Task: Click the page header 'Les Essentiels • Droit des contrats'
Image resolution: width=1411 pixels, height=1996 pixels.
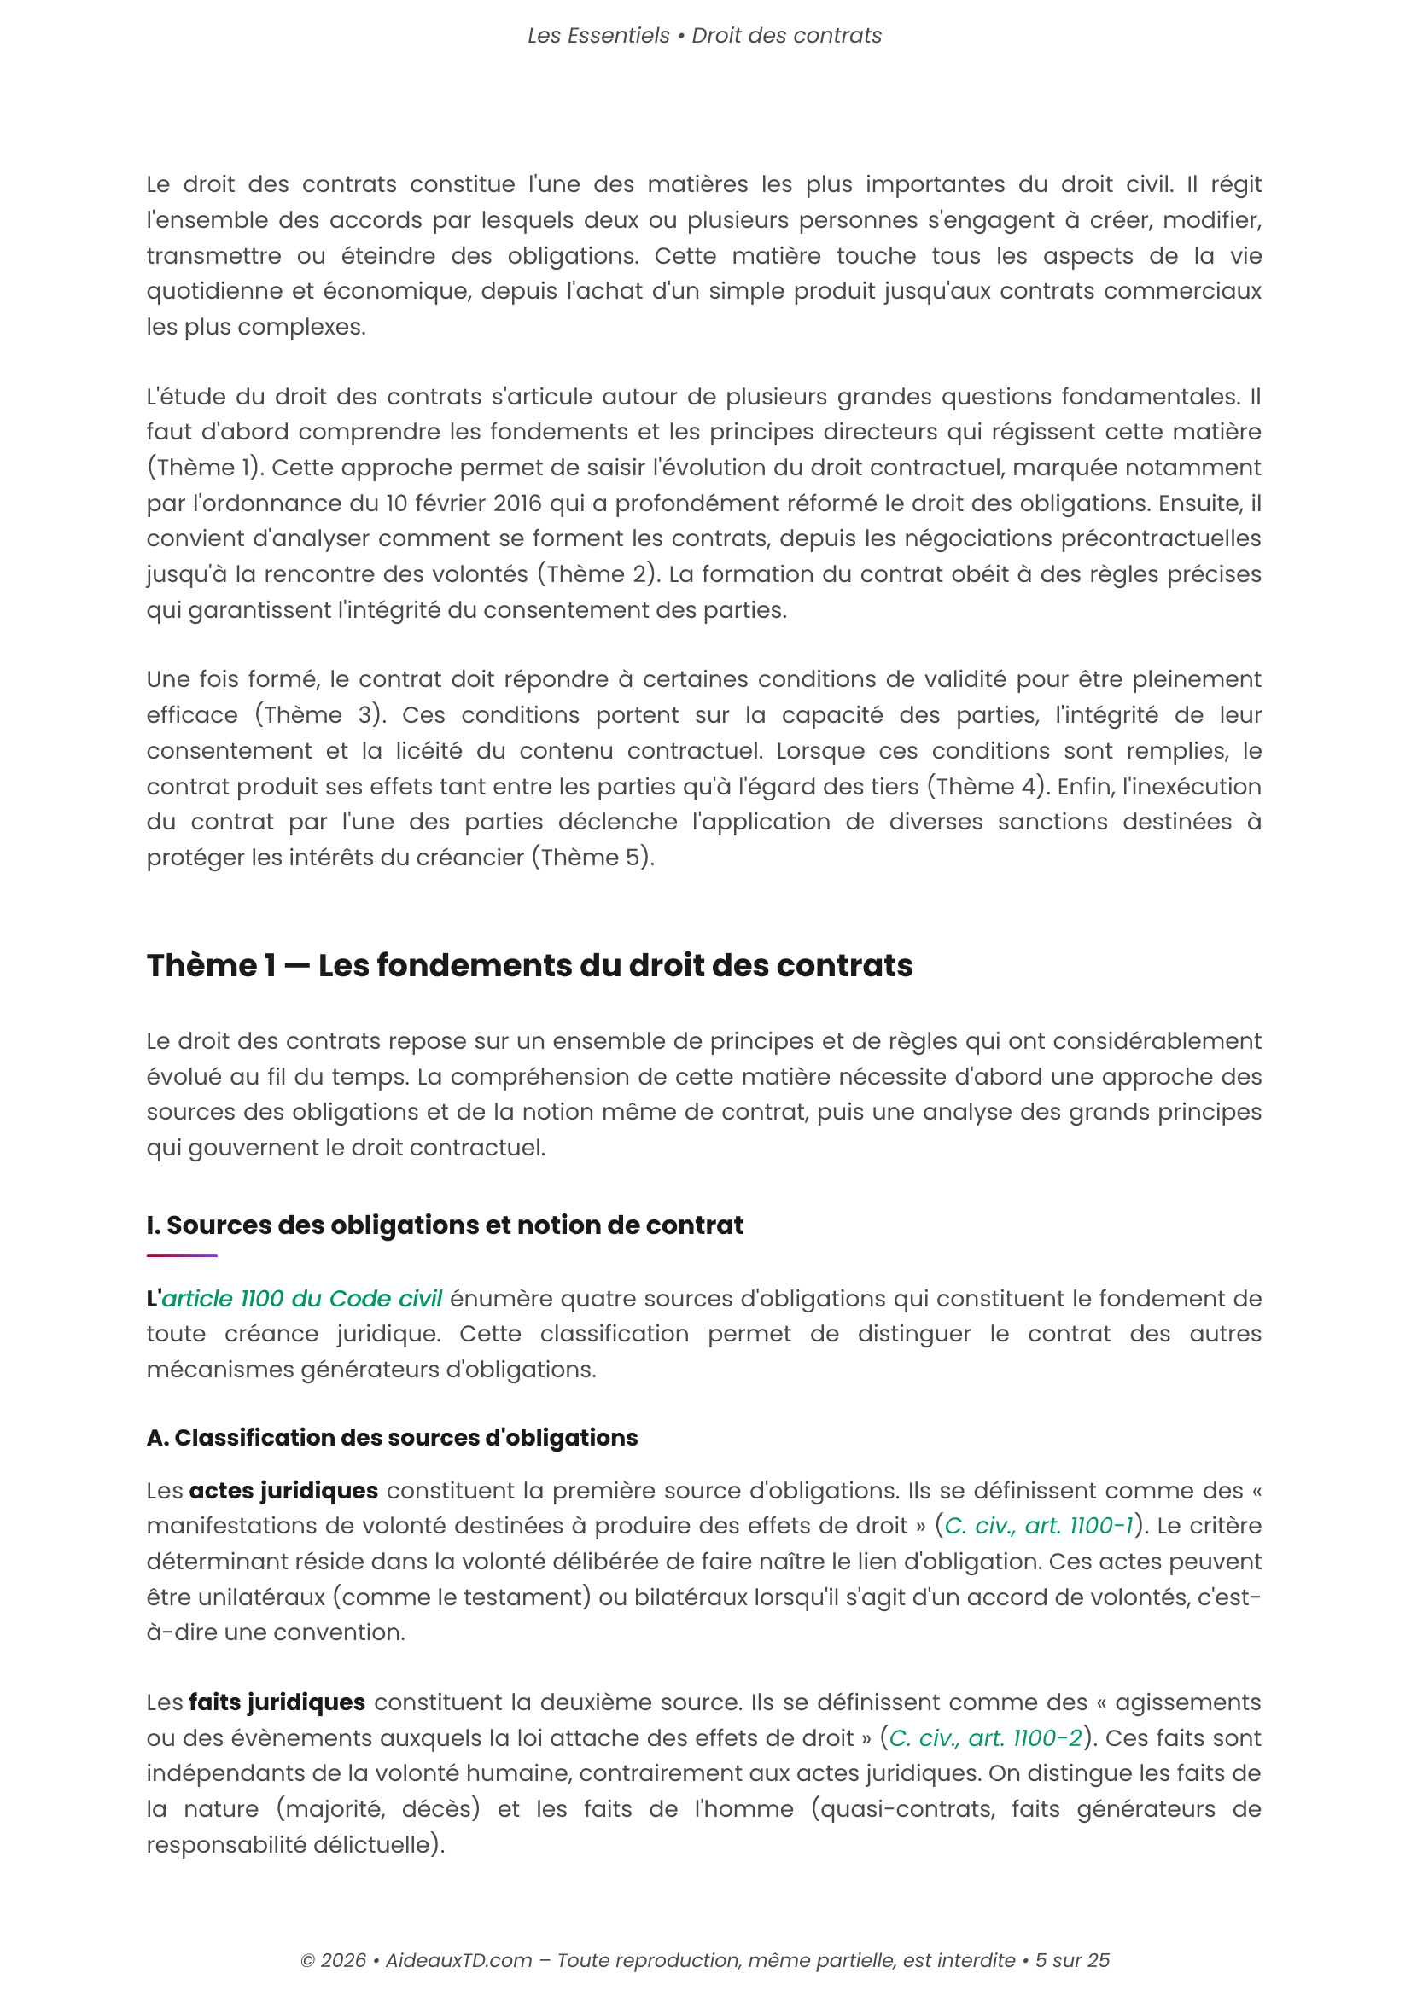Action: coord(704,36)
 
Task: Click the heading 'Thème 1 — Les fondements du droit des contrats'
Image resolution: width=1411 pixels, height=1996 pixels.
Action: coord(529,966)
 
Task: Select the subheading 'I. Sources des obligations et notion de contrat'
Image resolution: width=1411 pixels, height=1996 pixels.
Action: coord(444,1225)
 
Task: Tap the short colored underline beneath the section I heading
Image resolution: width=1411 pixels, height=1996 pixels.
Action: coord(182,1255)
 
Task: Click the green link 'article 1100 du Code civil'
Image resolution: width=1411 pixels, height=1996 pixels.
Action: coord(301,1299)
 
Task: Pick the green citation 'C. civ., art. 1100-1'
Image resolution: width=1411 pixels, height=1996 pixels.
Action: coord(1039,1526)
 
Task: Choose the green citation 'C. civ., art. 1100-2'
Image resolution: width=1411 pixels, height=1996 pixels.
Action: coord(985,1737)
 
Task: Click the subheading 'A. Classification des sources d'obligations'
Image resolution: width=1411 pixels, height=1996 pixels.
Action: coord(392,1438)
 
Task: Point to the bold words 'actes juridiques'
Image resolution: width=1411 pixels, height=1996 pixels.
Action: coord(283,1491)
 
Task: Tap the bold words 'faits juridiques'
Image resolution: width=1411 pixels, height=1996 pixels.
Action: coord(277,1702)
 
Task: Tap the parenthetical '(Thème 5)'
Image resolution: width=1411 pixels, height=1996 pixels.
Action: coord(593,858)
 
